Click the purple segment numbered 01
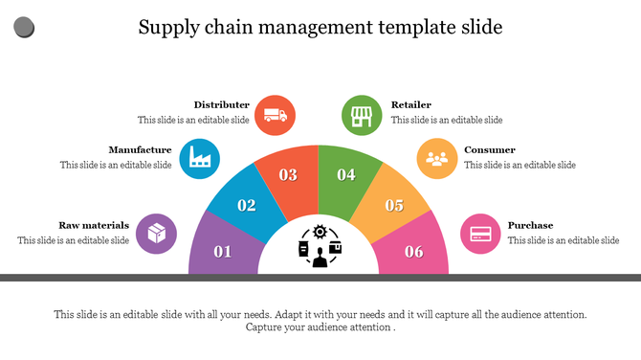222,249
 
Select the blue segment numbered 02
245,203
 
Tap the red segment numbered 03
288,173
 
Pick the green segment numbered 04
346,173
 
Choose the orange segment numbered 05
392,203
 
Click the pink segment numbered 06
413,250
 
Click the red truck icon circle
275,115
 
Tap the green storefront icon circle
362,115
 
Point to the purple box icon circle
156,233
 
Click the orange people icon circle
437,158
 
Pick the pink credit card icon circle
481,233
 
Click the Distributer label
222,104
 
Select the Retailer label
411,104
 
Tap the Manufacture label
140,149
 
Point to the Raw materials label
94,225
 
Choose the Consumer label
490,149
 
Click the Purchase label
530,225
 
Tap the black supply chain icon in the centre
319,246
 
